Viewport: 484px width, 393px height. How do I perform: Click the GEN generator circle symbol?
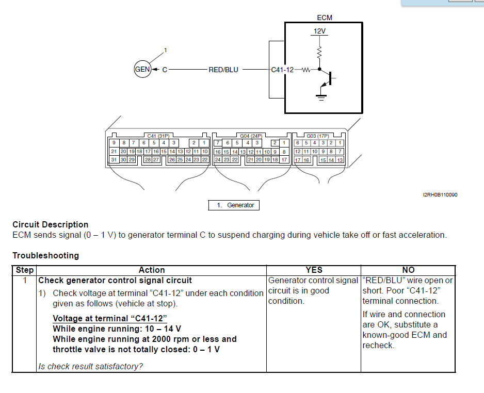click(x=142, y=70)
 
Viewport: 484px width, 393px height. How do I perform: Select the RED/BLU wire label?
click(x=223, y=70)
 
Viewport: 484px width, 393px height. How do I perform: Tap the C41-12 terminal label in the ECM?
click(x=282, y=70)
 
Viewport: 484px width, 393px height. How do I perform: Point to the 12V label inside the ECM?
click(x=319, y=31)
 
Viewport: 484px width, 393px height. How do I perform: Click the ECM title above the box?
click(x=325, y=18)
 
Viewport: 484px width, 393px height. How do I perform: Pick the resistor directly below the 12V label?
click(x=319, y=52)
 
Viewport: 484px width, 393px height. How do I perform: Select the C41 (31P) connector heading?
click(x=158, y=136)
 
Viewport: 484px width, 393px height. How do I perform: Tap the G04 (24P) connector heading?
click(x=251, y=136)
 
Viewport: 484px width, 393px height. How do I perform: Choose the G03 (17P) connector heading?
click(x=318, y=136)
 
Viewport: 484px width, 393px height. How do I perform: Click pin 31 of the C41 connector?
click(x=114, y=160)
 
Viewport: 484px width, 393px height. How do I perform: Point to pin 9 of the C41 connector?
click(x=114, y=143)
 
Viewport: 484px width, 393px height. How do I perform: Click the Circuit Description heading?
click(x=51, y=225)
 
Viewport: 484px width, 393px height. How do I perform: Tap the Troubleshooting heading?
click(x=46, y=256)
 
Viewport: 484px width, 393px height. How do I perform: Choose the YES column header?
click(x=314, y=270)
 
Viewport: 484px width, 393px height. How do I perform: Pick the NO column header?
click(x=408, y=270)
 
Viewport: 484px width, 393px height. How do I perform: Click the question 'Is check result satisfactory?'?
click(x=91, y=367)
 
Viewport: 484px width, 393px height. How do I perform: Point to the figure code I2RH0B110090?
click(x=440, y=195)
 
